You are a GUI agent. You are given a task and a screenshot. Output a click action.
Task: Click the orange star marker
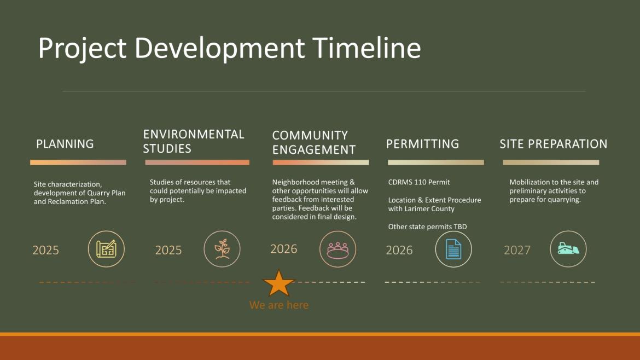tap(279, 283)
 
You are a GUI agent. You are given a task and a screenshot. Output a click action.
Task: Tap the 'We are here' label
tap(278, 305)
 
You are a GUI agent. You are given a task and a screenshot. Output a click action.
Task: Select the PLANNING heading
tap(65, 144)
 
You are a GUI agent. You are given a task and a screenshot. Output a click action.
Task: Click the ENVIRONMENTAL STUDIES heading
tap(193, 141)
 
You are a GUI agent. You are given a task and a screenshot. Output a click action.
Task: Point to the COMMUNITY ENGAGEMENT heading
tap(313, 142)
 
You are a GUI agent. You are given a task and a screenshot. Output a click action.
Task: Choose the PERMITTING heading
tap(422, 144)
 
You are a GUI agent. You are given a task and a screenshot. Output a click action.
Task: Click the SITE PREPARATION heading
tap(553, 144)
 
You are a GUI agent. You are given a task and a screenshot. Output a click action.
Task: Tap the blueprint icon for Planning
tap(106, 249)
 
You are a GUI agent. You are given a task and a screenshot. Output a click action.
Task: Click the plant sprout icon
tap(222, 249)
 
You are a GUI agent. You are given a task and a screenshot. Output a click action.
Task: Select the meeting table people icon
tap(338, 249)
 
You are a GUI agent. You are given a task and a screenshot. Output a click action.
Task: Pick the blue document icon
tap(453, 249)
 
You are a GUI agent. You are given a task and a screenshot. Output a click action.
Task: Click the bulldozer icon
tap(568, 249)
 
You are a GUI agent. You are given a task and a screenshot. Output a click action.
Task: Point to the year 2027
tap(517, 250)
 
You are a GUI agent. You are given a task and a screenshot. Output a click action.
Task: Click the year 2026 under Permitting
tap(399, 250)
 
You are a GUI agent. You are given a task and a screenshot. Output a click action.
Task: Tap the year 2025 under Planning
tap(45, 250)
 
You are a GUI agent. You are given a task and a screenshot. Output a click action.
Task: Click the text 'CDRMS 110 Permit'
tap(419, 182)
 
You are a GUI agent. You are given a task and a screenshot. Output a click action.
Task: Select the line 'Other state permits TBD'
tap(427, 227)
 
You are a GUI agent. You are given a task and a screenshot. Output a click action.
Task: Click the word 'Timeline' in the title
tap(366, 48)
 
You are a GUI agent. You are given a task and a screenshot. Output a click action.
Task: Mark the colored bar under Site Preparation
tap(551, 162)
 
